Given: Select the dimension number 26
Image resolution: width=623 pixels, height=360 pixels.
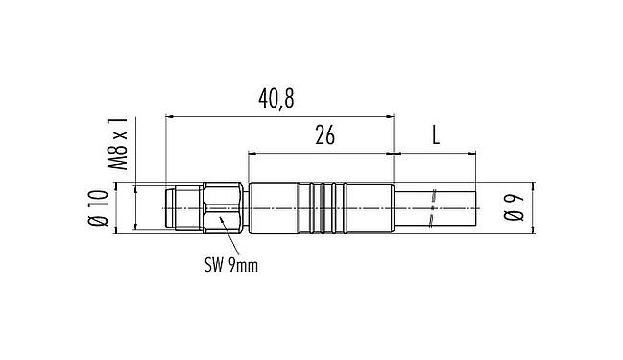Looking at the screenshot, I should point(324,135).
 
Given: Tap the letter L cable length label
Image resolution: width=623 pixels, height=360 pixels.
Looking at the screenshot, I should point(436,135).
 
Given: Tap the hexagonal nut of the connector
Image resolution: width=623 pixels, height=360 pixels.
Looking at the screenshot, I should point(223,208).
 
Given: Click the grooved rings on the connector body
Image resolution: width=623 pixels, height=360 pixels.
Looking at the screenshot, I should point(331,208).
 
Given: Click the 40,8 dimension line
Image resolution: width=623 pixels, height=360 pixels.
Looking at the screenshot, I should point(278,116).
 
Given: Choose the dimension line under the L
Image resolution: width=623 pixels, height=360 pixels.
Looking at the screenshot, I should point(434,152).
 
